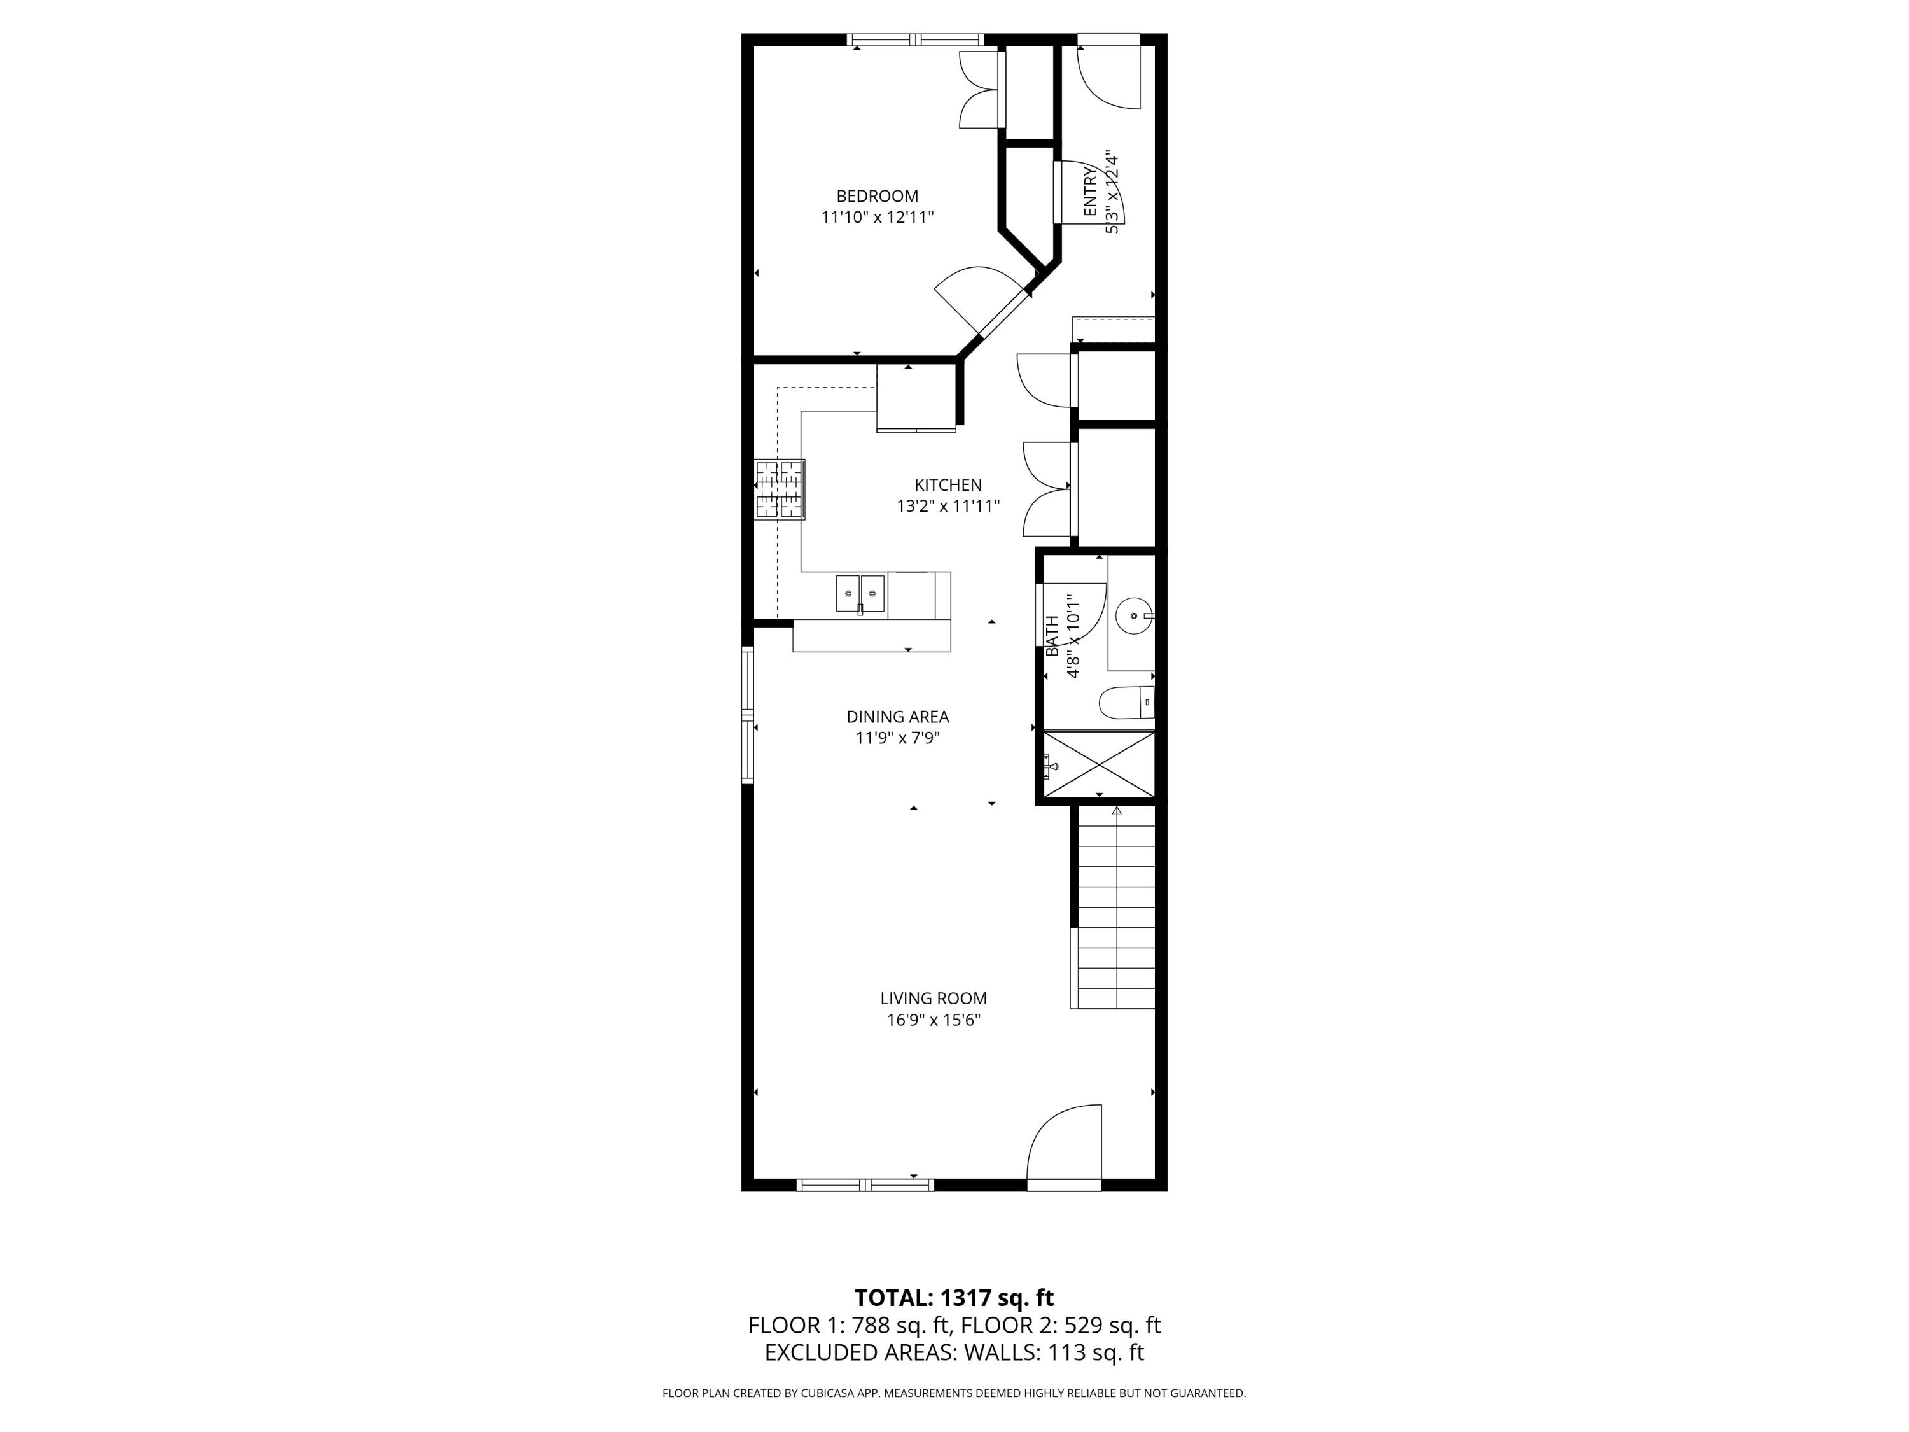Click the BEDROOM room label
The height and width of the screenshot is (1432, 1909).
coord(877,196)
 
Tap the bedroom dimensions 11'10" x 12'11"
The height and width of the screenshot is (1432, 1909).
coord(877,218)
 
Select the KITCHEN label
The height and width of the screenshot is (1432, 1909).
coord(948,485)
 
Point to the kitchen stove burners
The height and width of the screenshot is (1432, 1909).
coord(780,489)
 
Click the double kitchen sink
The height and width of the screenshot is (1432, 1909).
coord(860,594)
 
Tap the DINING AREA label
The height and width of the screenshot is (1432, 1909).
coord(897,717)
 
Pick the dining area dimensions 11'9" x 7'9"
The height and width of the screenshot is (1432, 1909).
coord(897,738)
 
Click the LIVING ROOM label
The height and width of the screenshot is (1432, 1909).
coord(933,999)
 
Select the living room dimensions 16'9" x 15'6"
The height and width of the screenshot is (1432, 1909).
coord(933,1020)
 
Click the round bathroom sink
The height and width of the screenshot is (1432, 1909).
coord(1132,616)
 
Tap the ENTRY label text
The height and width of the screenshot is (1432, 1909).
coord(1090,192)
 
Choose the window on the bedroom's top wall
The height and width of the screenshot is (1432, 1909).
coord(915,39)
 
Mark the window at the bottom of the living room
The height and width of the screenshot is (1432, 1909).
coord(865,1185)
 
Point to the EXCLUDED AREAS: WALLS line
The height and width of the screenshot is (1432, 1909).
coord(954,1352)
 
